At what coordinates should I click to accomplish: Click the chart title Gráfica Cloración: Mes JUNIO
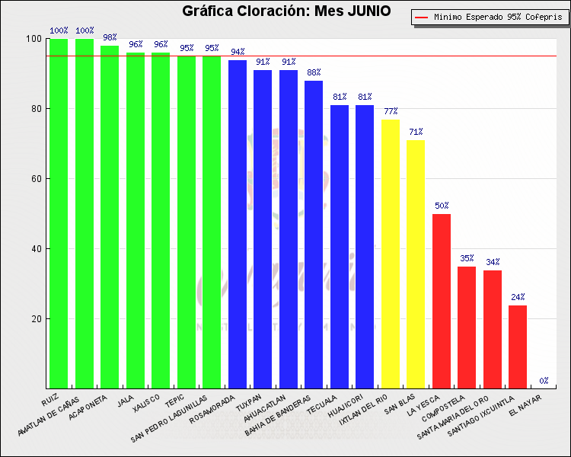(x=286, y=11)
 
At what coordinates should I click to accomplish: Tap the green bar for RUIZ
(x=59, y=213)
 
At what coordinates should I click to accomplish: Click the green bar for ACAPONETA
(x=110, y=217)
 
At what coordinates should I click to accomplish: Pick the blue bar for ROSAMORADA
(x=238, y=224)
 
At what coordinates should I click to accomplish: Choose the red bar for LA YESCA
(x=442, y=301)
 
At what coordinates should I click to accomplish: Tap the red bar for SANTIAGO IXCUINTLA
(x=518, y=347)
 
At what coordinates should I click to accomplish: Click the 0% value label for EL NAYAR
(x=544, y=381)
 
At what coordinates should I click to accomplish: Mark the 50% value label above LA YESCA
(x=442, y=206)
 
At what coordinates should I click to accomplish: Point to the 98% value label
(x=110, y=37)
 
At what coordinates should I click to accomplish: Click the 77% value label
(x=391, y=111)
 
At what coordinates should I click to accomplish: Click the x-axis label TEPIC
(x=176, y=401)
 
